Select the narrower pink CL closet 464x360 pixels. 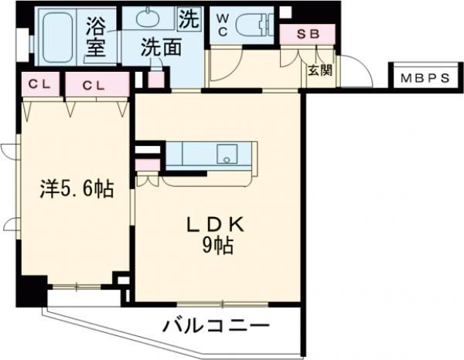click(x=37, y=85)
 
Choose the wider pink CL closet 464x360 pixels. click(x=96, y=85)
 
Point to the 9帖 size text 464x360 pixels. click(x=219, y=247)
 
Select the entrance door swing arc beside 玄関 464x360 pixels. click(x=356, y=73)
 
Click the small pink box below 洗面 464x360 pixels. click(x=157, y=80)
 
